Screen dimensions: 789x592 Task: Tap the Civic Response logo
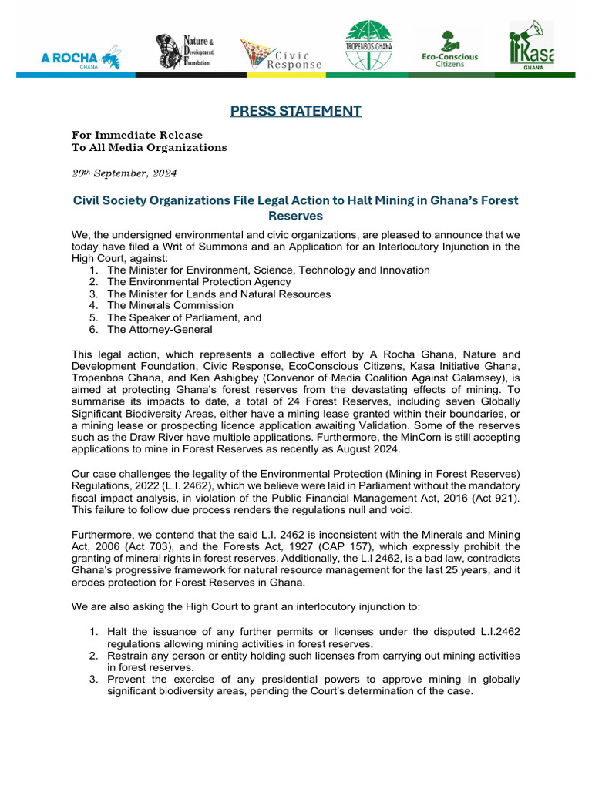pyautogui.click(x=281, y=55)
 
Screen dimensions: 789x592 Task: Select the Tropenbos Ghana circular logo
pyautogui.click(x=368, y=45)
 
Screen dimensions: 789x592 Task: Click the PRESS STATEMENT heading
pyautogui.click(x=296, y=111)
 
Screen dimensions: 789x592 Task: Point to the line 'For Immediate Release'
pyautogui.click(x=137, y=135)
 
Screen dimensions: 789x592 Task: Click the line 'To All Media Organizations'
pyautogui.click(x=150, y=147)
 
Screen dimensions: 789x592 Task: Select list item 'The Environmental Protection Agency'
pyautogui.click(x=199, y=282)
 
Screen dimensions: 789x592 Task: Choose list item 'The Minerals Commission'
pyautogui.click(x=170, y=305)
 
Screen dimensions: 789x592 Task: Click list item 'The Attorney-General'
pyautogui.click(x=160, y=329)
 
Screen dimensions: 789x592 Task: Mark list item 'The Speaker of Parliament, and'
pyautogui.click(x=184, y=317)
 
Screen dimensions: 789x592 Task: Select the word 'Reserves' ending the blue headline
pyautogui.click(x=295, y=217)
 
